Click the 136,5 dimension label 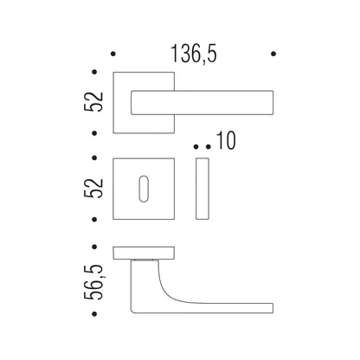click(x=194, y=54)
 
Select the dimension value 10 click(x=226, y=140)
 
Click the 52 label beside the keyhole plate click(x=93, y=188)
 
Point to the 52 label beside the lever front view click(x=93, y=101)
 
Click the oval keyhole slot click(x=144, y=189)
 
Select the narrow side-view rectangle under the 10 click(x=202, y=189)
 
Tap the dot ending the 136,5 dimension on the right click(x=273, y=54)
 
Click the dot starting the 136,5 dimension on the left click(x=113, y=54)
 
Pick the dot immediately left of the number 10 click(x=209, y=147)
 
